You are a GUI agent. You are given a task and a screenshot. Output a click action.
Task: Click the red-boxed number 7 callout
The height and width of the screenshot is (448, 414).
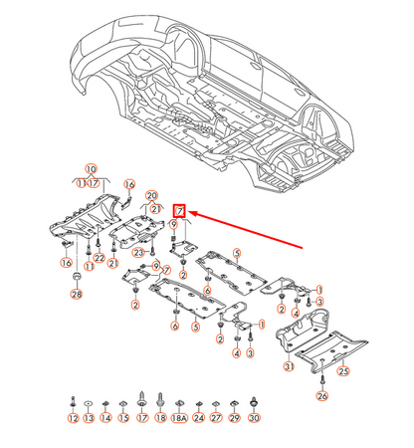point(180,211)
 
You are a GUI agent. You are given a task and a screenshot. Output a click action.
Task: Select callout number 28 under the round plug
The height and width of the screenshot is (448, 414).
point(77,295)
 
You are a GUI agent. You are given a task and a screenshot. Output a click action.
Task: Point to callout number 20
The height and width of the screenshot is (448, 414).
point(152,194)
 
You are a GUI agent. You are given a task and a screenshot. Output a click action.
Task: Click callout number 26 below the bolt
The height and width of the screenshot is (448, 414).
point(322,396)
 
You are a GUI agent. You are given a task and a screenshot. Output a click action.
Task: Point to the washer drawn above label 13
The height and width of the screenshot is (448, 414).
point(90,402)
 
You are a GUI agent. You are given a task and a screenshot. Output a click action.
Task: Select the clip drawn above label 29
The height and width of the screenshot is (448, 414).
point(234,402)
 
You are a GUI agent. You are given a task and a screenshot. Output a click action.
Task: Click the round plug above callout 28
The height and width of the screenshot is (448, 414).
point(77,274)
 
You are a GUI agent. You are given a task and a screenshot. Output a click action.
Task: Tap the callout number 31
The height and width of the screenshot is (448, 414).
point(290,368)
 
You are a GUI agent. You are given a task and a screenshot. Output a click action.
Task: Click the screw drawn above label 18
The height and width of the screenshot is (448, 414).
point(160,399)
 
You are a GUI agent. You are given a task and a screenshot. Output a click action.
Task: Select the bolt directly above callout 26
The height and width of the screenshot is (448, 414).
point(322,379)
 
